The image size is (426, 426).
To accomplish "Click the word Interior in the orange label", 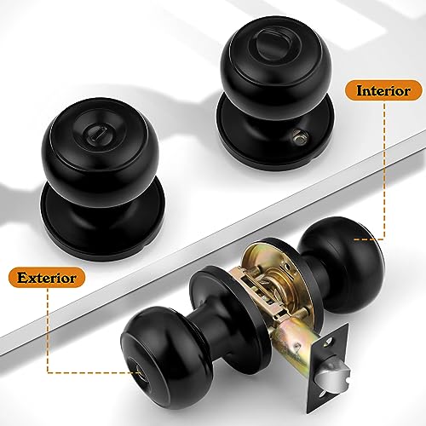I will pyautogui.click(x=383, y=89).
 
